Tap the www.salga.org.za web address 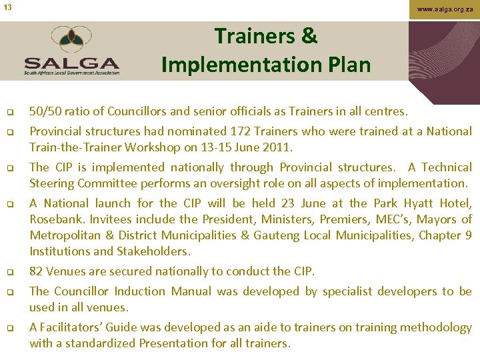coord(444,10)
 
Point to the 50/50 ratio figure coord(47,111)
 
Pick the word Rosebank coord(55,219)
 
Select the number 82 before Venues coord(37,271)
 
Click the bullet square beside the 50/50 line coord(11,112)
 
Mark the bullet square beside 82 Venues coord(11,272)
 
